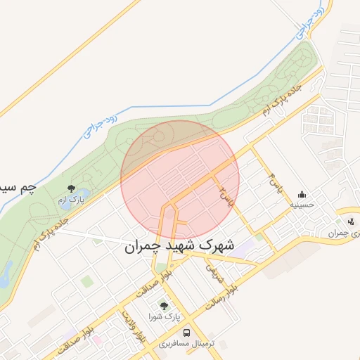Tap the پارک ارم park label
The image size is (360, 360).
(71, 200)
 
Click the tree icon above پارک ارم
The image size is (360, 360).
(71, 187)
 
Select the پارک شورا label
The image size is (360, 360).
(164, 318)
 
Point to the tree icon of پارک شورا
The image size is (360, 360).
(164, 306)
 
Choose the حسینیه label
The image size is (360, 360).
(303, 207)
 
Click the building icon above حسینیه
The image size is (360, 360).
(302, 194)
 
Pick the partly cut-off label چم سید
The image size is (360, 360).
(18, 188)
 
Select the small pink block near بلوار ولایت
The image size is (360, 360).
(96, 340)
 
